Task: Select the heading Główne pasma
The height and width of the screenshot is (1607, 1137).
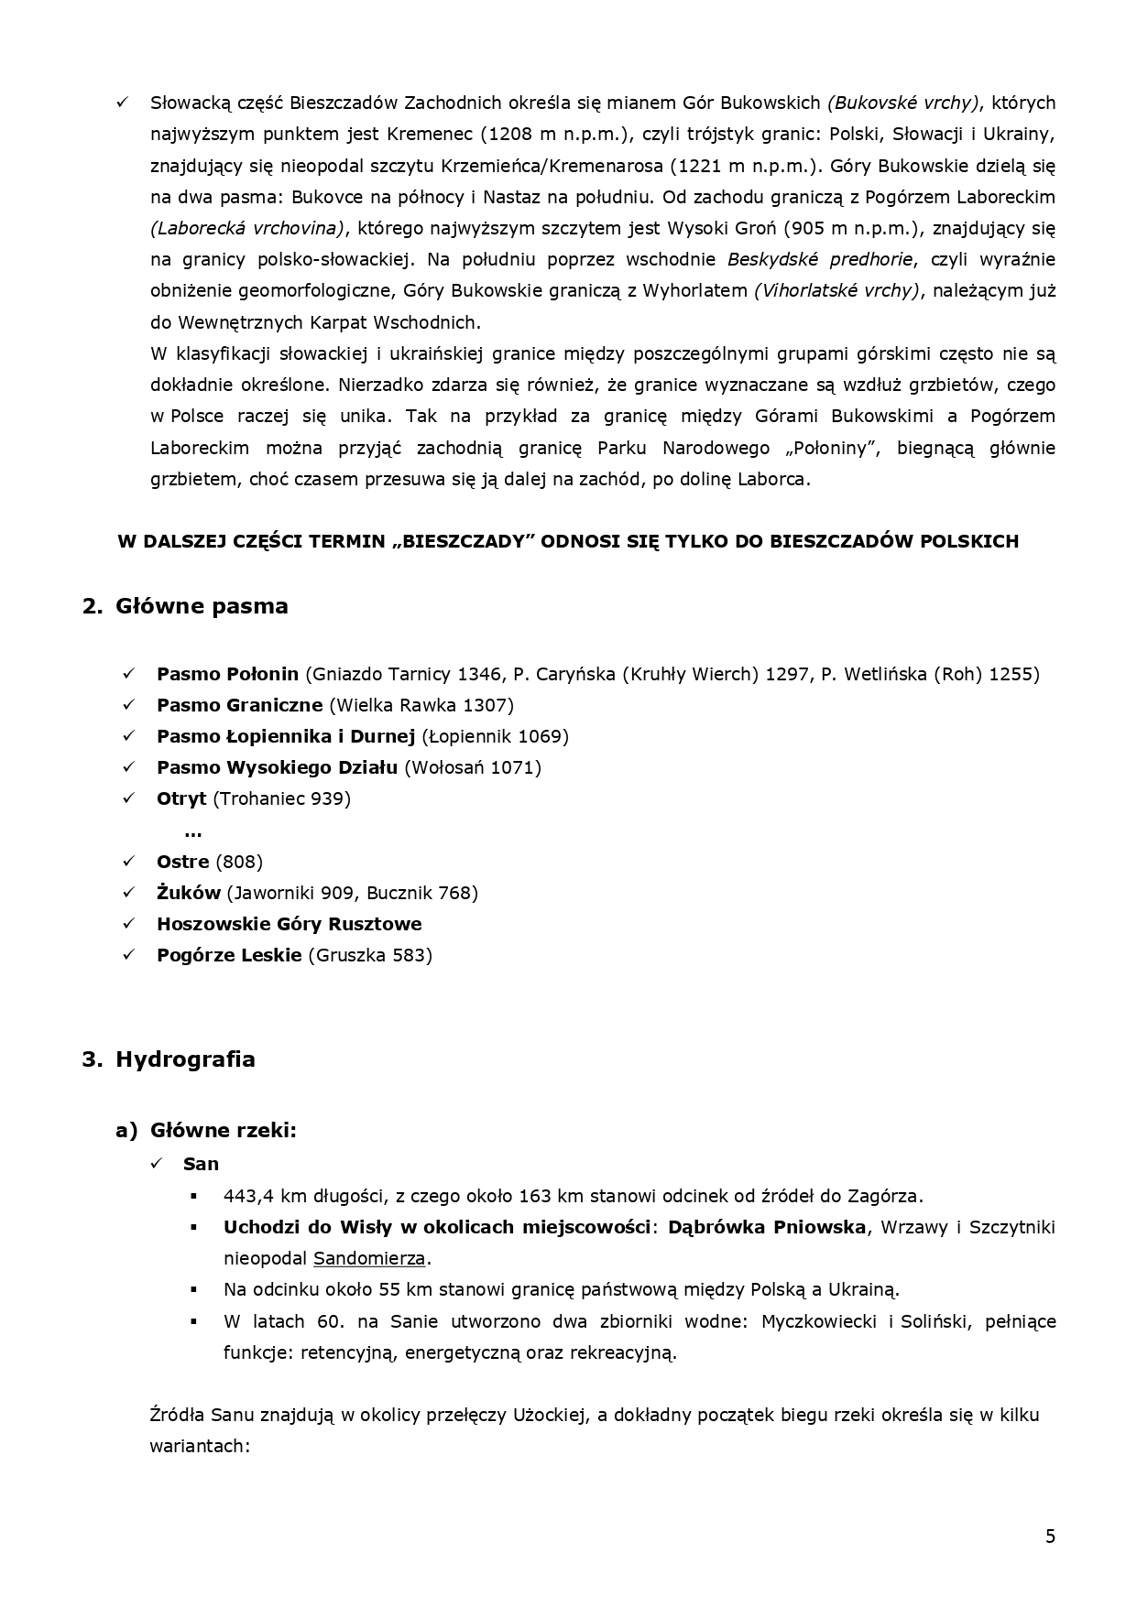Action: (202, 606)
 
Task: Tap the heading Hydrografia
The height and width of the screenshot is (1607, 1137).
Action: (185, 1059)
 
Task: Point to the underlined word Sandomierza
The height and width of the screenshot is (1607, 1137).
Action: (369, 1258)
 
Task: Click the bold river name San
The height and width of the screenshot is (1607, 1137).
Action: (201, 1164)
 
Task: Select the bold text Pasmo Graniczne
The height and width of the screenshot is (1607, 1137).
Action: (239, 705)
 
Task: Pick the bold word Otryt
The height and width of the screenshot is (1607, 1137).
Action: (181, 798)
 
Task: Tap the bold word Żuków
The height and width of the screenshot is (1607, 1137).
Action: (188, 893)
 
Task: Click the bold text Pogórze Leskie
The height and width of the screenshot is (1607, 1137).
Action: (229, 955)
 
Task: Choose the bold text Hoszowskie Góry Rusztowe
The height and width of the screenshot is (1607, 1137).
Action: (289, 924)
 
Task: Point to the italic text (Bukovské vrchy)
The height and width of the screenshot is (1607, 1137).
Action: (903, 103)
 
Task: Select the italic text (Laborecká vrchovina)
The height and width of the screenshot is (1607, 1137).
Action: (247, 228)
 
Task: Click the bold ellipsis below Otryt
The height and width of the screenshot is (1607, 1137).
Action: (192, 831)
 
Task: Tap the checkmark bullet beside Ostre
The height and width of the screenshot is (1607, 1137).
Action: (128, 862)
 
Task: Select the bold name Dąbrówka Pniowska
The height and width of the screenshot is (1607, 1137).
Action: (766, 1227)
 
